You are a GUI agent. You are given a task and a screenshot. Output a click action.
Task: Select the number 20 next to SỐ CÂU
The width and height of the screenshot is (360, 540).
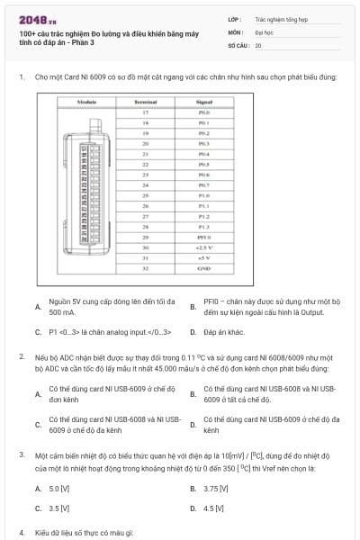coord(258,44)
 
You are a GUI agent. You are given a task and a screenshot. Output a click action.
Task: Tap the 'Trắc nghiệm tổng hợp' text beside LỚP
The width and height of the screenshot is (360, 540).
coord(279,18)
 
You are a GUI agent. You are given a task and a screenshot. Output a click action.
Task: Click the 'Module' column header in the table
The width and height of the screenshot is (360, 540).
coord(87,103)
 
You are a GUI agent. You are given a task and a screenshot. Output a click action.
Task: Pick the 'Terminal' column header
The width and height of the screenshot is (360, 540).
coord(145,103)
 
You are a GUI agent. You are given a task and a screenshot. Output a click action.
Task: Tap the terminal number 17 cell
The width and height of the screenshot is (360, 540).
coord(145,112)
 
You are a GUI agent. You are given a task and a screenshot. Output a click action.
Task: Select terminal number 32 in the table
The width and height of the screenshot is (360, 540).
coord(145,268)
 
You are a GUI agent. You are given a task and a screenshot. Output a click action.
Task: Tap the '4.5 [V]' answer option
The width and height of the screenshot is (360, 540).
coord(214,508)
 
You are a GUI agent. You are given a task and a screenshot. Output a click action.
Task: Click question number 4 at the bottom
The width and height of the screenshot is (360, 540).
coord(21,533)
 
